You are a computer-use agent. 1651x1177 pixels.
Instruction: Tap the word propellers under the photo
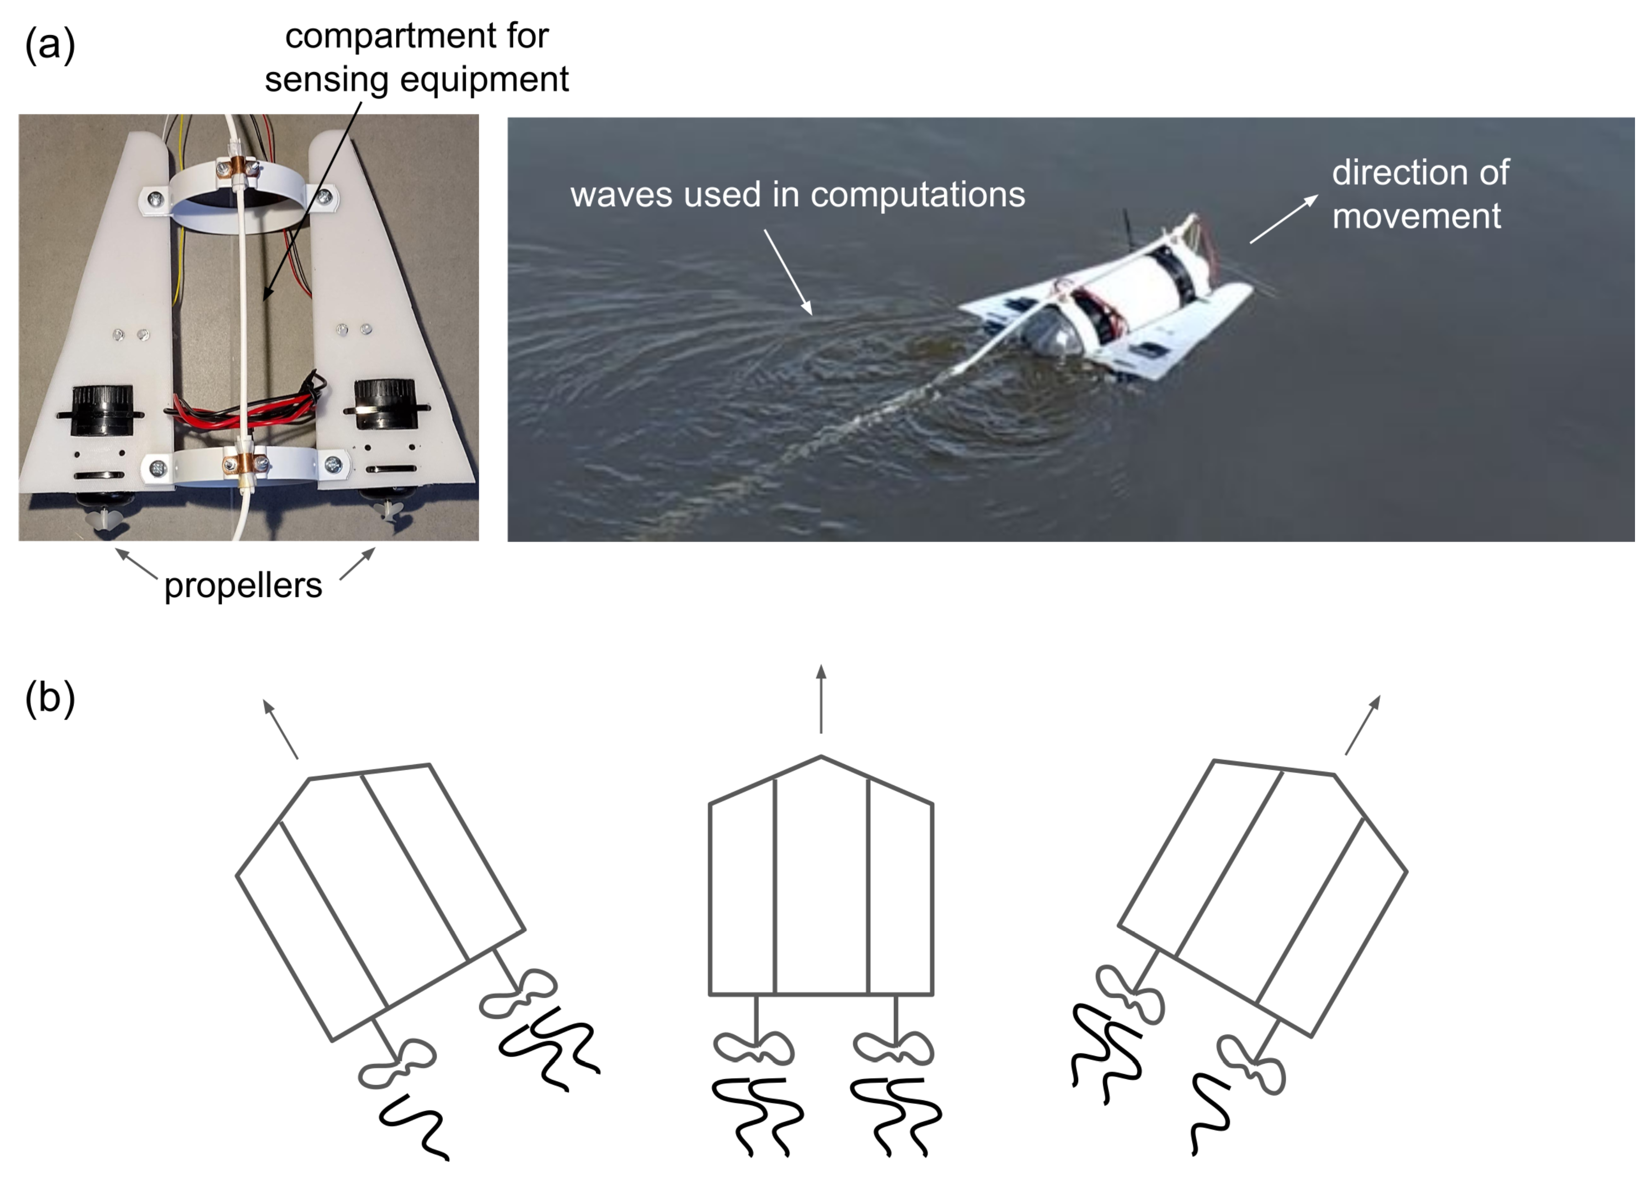pyautogui.click(x=243, y=586)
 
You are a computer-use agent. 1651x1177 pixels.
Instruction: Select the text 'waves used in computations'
pyautogui.click(x=797, y=194)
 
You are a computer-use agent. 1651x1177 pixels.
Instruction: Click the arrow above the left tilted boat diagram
pyautogui.click(x=280, y=729)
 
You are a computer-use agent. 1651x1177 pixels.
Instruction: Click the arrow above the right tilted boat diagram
pyautogui.click(x=1362, y=725)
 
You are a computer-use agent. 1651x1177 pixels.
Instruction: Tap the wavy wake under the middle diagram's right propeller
pyautogui.click(x=896, y=1116)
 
